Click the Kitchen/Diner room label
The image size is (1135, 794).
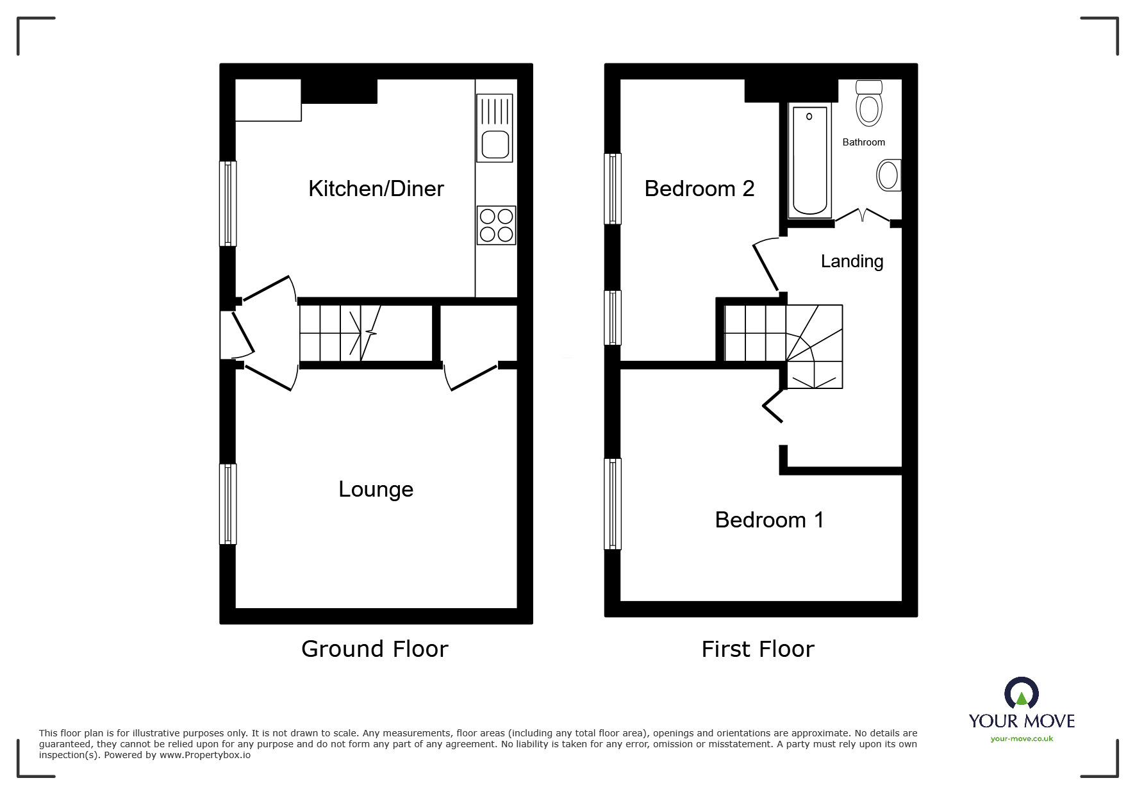click(x=376, y=188)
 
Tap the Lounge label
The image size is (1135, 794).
click(x=376, y=489)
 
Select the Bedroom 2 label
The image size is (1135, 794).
click(x=699, y=188)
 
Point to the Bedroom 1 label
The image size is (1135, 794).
click(x=769, y=519)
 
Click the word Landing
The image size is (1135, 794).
click(x=852, y=261)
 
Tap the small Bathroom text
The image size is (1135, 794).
click(x=863, y=142)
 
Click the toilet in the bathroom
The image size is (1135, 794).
click(x=868, y=104)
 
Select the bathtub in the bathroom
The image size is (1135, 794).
click(x=809, y=160)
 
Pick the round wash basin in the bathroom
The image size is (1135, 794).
click(x=888, y=175)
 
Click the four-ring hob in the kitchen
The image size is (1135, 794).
click(x=496, y=226)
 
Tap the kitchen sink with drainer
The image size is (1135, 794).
click(x=495, y=128)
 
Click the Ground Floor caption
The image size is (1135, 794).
click(x=375, y=649)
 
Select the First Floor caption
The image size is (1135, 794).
click(x=758, y=649)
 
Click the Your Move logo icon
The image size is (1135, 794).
click(x=1021, y=695)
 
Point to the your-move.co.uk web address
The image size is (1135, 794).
click(x=1022, y=739)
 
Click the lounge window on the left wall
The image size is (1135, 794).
click(x=228, y=504)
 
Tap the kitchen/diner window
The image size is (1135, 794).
click(x=228, y=203)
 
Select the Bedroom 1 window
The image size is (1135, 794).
click(x=613, y=504)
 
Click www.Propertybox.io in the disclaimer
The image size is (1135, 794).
click(x=205, y=755)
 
